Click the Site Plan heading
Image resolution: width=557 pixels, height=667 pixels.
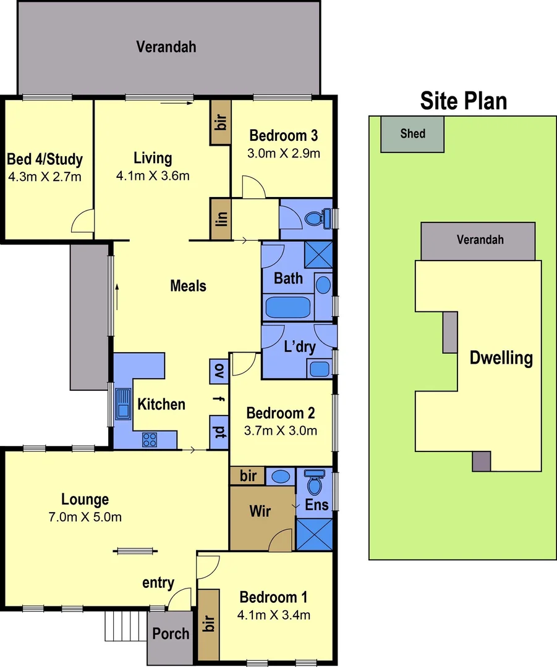464,100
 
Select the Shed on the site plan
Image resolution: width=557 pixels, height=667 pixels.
412,133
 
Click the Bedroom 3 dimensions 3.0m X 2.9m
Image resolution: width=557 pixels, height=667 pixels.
284,153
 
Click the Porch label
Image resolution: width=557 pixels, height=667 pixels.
171,634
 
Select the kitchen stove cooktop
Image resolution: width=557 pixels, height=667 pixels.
150,439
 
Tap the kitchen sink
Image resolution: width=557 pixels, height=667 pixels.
122,405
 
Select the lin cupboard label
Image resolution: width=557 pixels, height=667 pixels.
221,219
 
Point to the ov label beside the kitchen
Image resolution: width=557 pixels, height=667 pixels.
219,371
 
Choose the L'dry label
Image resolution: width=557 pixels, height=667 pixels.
299,346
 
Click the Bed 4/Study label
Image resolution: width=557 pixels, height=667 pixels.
45,160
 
